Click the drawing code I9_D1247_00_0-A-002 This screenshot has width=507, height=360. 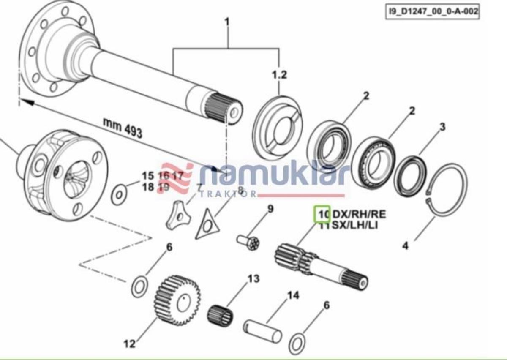click(433, 12)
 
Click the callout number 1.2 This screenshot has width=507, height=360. click(279, 75)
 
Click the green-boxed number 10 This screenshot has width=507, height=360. click(322, 214)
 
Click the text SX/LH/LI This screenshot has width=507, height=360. click(354, 225)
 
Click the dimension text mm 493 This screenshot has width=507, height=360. click(122, 128)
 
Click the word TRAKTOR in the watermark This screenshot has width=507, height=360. click(228, 194)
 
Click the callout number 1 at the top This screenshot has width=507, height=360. click(227, 22)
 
